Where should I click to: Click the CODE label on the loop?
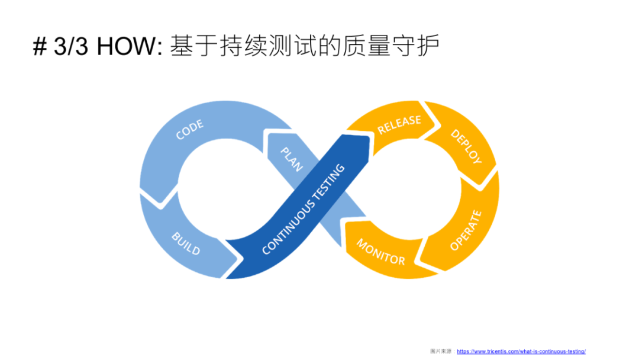tap(190, 130)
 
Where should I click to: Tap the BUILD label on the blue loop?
tap(186, 243)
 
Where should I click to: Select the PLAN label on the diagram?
tap(291, 158)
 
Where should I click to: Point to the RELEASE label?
tap(399, 124)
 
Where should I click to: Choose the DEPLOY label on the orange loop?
tap(466, 146)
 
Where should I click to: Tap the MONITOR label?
tap(380, 252)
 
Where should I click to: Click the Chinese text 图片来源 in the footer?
tap(441, 351)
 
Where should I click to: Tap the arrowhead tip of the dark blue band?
tap(364, 140)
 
